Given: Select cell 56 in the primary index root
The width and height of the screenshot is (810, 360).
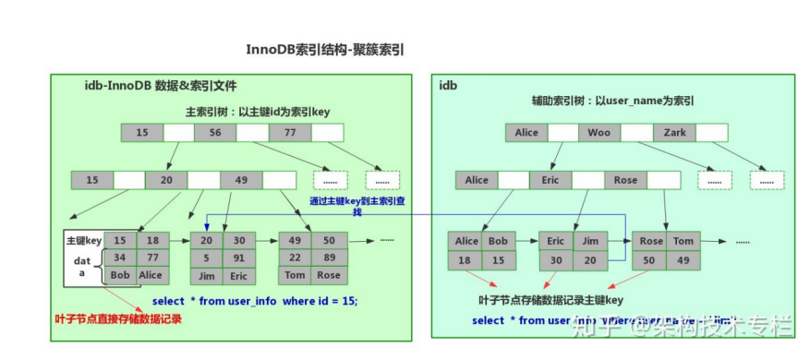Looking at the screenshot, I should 214,133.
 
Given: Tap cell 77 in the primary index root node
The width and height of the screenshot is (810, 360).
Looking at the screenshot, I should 289,133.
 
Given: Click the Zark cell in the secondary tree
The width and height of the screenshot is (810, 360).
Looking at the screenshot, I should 674,133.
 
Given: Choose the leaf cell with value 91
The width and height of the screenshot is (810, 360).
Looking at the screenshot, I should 239,258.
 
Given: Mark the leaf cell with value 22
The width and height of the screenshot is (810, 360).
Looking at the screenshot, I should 296,258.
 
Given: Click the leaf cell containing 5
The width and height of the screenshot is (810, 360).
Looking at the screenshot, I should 207,258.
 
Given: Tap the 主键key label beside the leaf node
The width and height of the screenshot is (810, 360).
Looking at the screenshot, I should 82,240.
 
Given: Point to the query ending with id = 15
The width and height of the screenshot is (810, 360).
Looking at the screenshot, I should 254,302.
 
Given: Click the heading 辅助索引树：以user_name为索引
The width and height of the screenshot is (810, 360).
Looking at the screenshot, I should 612,101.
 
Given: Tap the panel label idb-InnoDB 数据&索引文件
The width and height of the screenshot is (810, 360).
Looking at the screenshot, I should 161,85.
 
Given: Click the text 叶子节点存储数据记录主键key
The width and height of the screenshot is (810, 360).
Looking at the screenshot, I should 551,301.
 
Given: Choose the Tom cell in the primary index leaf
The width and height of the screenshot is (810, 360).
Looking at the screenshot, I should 296,275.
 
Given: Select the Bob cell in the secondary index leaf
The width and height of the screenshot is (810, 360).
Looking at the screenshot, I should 498,242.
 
